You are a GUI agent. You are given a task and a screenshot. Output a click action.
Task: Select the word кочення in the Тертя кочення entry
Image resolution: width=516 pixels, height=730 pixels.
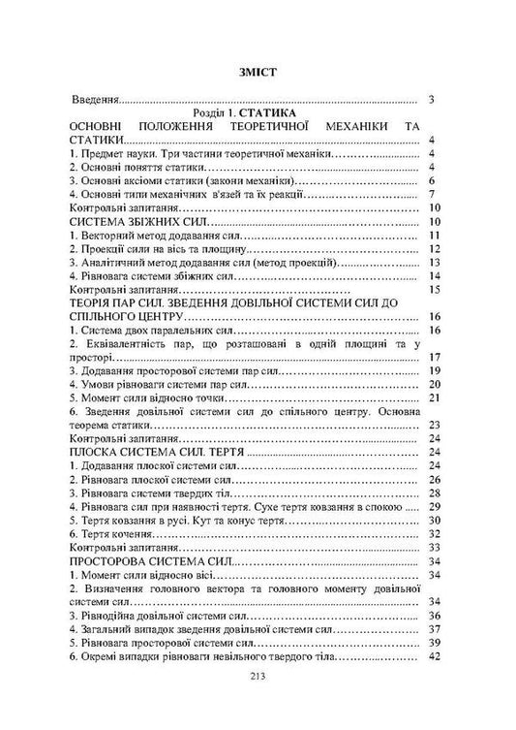[x=136, y=533]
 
